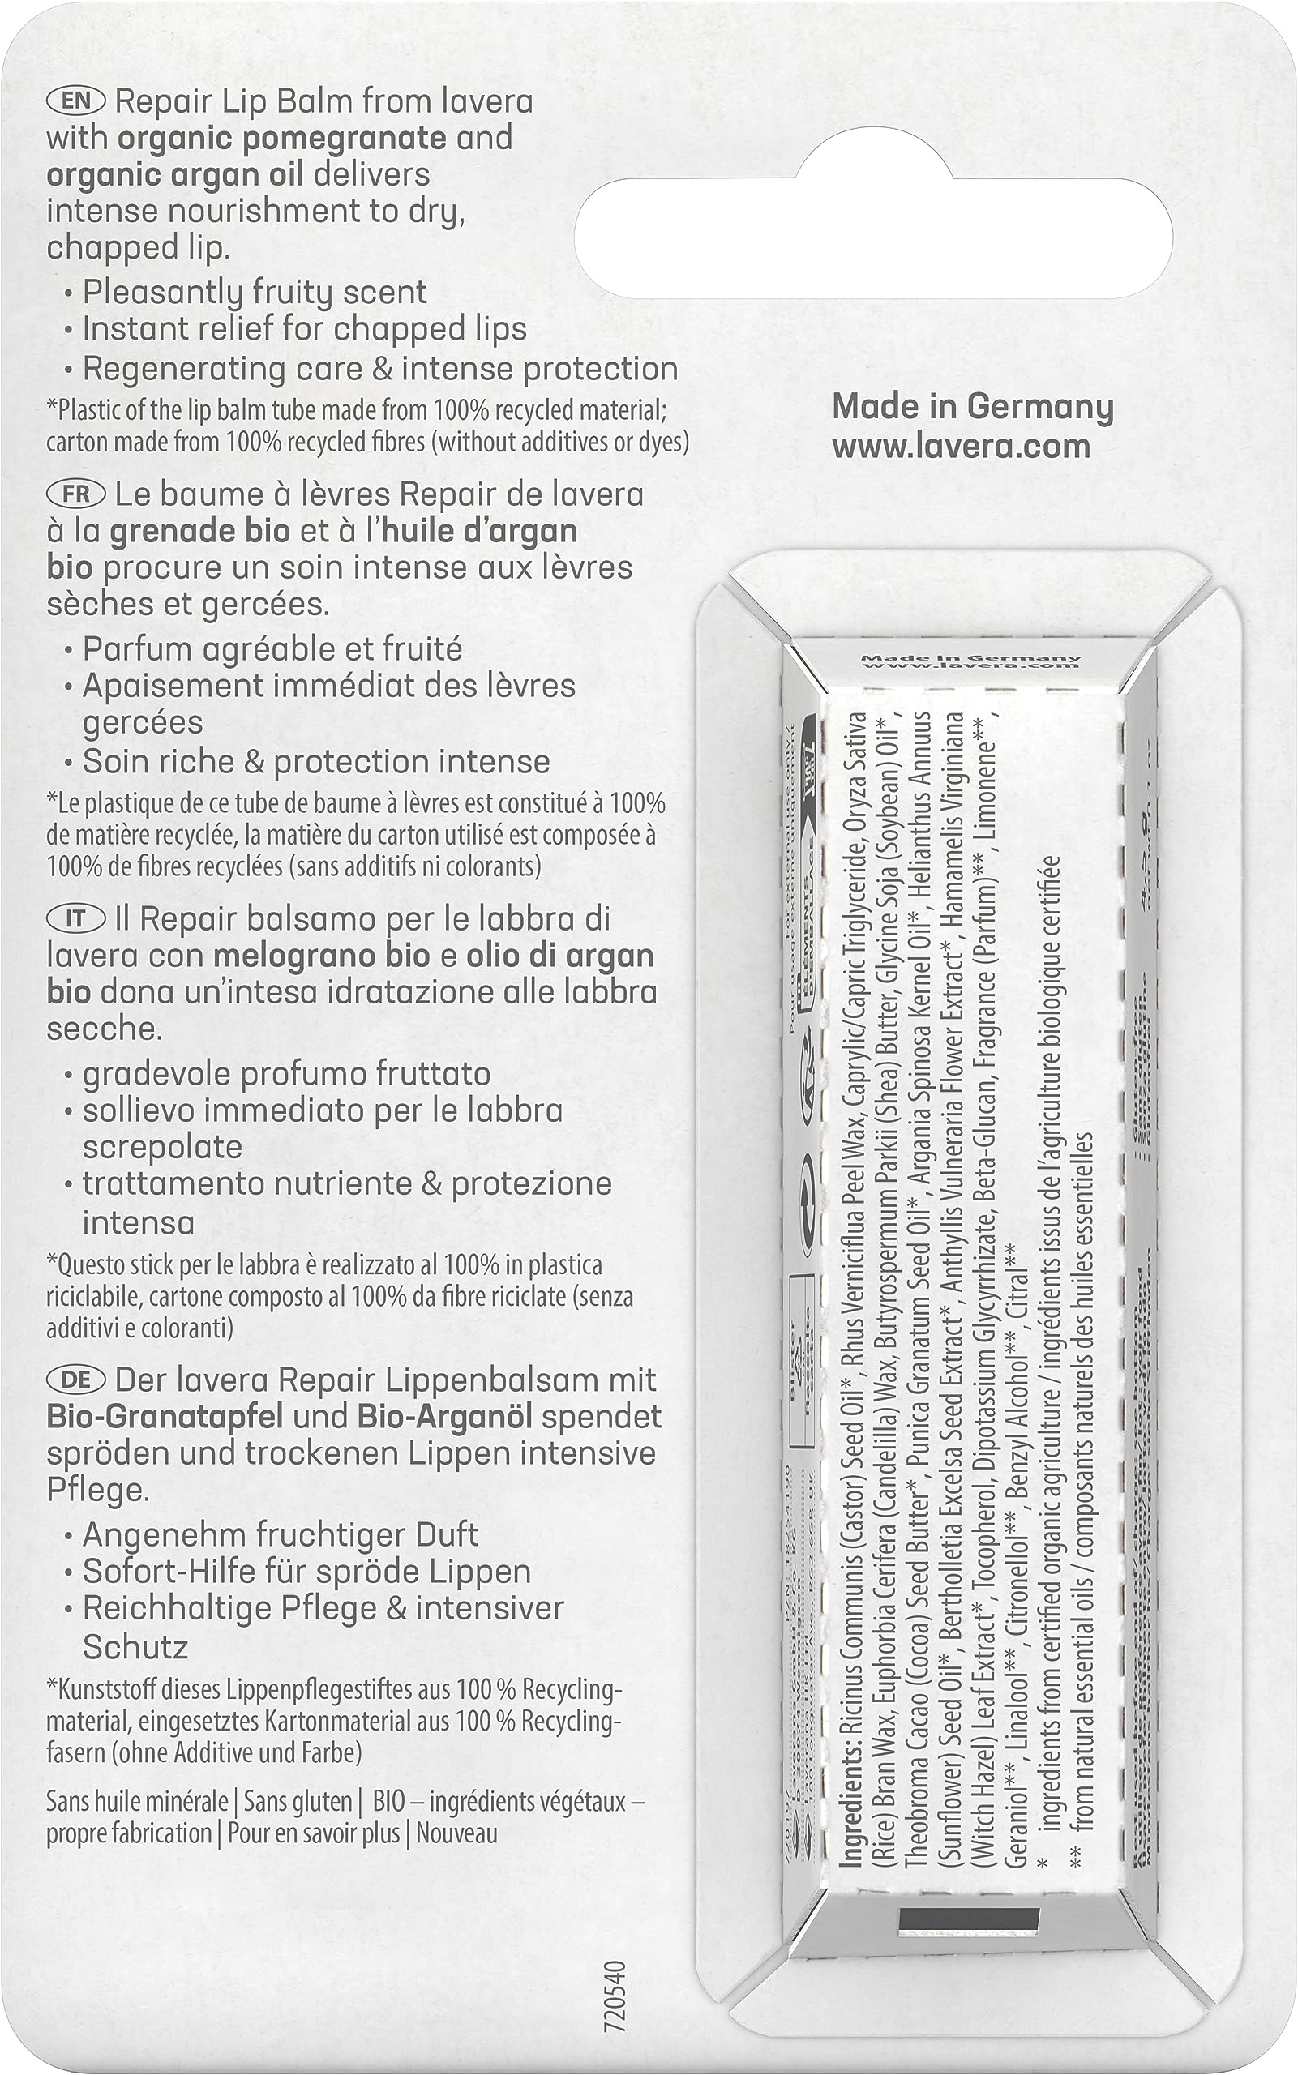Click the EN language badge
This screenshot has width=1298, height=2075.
coord(76,101)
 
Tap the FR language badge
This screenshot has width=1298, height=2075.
coord(76,494)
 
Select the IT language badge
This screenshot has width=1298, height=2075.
coord(76,919)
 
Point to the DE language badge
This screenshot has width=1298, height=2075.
coord(76,1380)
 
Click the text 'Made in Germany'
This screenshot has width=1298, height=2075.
coord(973,407)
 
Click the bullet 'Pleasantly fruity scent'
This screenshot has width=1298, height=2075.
coord(254,293)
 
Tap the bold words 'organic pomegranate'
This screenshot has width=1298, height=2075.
coord(281,138)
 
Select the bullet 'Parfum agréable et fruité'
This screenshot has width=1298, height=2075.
coord(272,648)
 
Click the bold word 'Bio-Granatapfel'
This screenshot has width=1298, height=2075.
coord(165,1417)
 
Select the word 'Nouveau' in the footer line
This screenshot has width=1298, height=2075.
coord(457,1833)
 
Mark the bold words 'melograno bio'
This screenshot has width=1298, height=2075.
coord(321,956)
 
